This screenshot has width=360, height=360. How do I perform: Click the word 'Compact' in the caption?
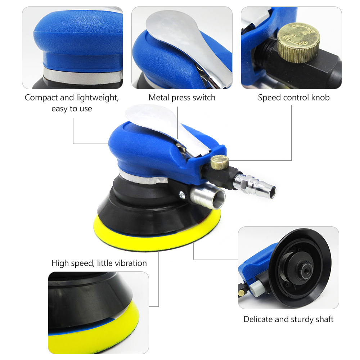41,98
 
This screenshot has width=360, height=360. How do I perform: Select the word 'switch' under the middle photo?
204,98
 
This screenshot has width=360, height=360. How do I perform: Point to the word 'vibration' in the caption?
131,263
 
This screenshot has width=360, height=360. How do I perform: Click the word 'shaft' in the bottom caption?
325,319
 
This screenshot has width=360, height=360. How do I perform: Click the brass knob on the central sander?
220,162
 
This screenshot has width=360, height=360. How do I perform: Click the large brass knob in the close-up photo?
298,42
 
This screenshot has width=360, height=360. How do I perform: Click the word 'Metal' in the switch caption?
159,98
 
